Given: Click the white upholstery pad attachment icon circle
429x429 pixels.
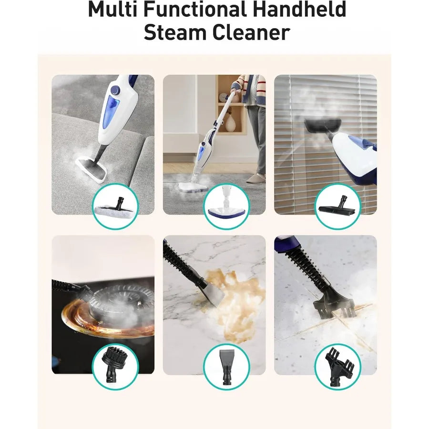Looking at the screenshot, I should [114, 206].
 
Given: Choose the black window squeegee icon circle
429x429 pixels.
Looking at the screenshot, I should [337, 206].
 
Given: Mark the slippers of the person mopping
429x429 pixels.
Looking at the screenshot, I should [256, 179].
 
